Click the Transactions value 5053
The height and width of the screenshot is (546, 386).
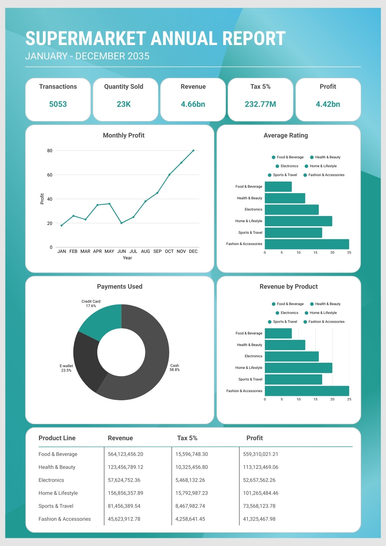(x=58, y=104)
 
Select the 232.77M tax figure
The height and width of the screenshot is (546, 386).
(x=260, y=104)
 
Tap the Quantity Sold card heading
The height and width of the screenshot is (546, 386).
(x=124, y=87)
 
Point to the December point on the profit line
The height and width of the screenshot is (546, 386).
(x=194, y=150)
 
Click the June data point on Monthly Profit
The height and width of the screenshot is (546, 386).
(x=121, y=223)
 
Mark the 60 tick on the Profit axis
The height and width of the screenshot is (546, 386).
(x=50, y=175)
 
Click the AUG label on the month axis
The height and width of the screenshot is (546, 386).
(x=145, y=251)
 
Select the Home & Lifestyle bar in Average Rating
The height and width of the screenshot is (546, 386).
(x=299, y=221)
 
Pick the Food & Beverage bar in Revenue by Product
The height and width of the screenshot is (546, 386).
(x=278, y=333)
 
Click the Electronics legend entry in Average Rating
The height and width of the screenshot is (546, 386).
(x=287, y=166)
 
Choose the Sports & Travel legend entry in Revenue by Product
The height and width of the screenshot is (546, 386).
(x=283, y=321)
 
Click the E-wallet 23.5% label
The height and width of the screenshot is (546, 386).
(x=66, y=368)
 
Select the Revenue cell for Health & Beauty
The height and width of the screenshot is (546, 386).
(x=125, y=467)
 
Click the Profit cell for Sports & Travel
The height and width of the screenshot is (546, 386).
(x=259, y=506)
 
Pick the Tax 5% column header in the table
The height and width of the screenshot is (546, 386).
(x=187, y=438)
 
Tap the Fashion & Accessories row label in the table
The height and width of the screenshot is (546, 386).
(x=65, y=519)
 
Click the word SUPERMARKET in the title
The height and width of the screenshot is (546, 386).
(x=86, y=38)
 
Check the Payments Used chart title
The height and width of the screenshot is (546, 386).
(x=119, y=286)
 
